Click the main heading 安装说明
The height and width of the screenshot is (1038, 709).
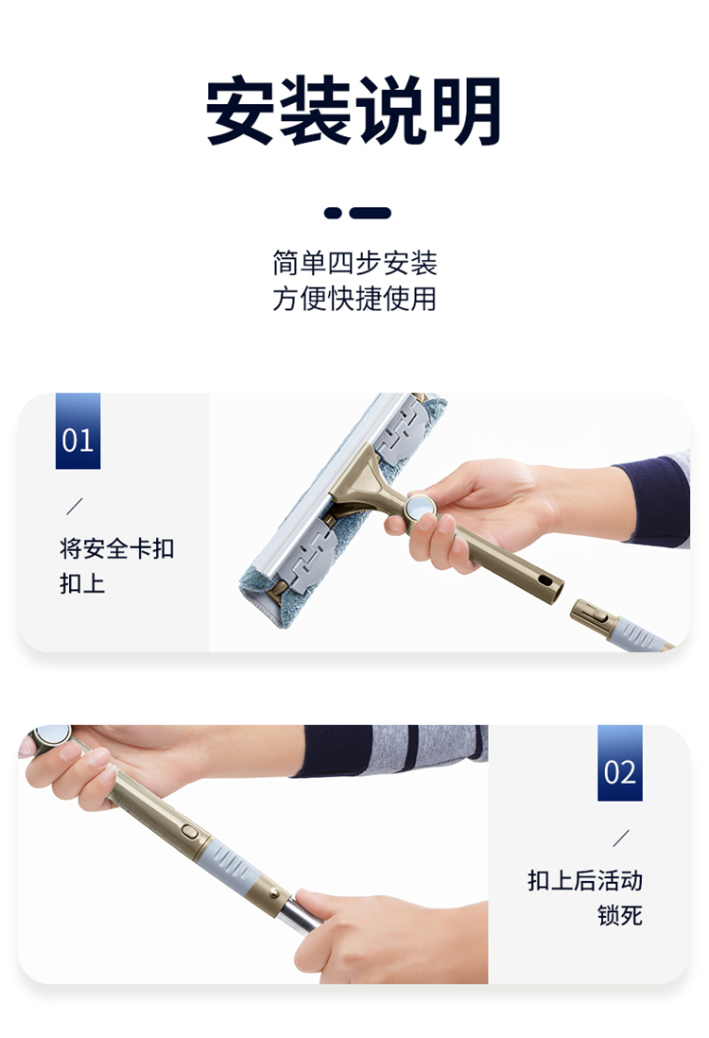click(x=354, y=110)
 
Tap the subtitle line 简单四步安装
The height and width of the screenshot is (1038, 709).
click(x=354, y=264)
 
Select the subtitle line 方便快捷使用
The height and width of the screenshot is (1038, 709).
click(x=354, y=299)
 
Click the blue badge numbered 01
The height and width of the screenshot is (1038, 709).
click(x=78, y=431)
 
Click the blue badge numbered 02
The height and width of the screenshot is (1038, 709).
click(x=619, y=763)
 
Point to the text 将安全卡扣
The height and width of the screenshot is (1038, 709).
click(x=117, y=548)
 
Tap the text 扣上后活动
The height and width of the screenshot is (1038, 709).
click(x=585, y=880)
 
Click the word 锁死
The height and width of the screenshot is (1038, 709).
click(x=620, y=915)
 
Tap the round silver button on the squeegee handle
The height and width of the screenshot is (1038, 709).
click(x=421, y=509)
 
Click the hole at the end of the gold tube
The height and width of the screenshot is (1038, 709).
click(x=545, y=580)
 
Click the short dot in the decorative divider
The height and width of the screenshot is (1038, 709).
click(x=333, y=213)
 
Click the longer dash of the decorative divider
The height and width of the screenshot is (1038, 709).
click(x=371, y=213)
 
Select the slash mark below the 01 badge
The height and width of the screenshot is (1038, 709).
click(x=75, y=506)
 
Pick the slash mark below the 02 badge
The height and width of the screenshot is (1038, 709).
click(x=621, y=839)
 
